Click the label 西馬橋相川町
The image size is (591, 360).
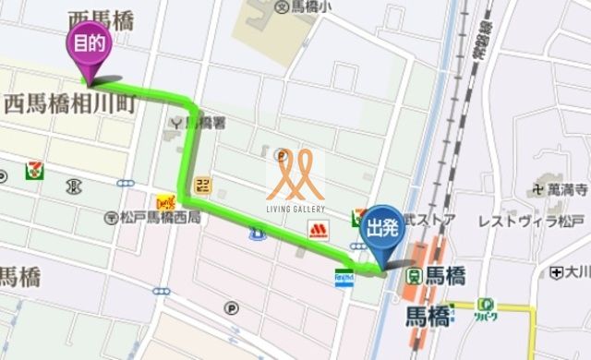[70, 103]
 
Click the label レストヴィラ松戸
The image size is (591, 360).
[532, 222]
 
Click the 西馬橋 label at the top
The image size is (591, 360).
[101, 19]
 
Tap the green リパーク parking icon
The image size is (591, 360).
[486, 309]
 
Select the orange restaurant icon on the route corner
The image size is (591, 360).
[167, 200]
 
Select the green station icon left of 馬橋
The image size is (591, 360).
[416, 275]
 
